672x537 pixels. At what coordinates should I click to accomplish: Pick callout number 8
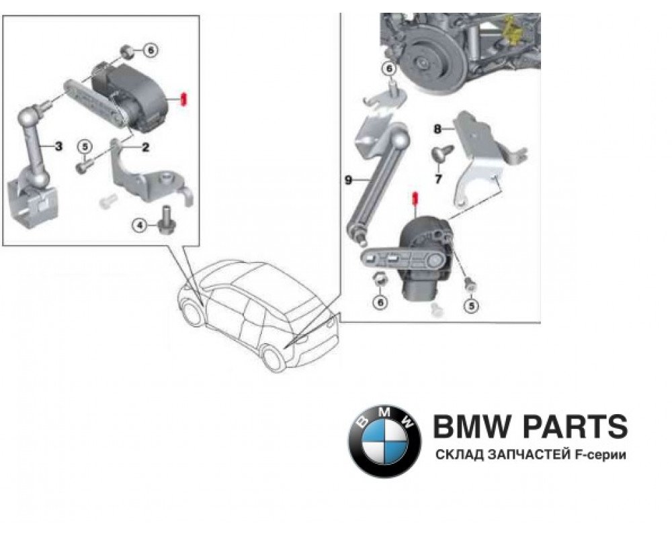click(x=437, y=128)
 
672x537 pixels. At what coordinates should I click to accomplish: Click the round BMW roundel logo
click(x=384, y=442)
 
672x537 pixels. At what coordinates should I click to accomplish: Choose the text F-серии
click(x=599, y=456)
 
